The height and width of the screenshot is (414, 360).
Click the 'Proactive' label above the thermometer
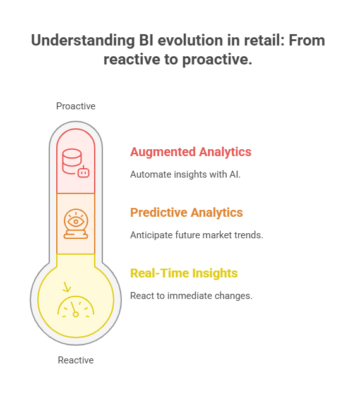[x=76, y=106]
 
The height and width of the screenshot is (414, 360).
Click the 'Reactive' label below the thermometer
[x=76, y=360]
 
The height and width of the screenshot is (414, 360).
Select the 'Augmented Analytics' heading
[x=191, y=152]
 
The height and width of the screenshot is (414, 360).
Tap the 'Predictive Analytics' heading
[x=186, y=212]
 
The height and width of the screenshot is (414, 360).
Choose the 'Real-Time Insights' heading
[x=184, y=274]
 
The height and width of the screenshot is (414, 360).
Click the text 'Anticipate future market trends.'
[x=196, y=235]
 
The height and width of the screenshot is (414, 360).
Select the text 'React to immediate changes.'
[x=191, y=296]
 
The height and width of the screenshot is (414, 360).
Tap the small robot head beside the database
[x=83, y=171]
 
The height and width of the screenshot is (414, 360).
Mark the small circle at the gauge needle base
[x=76, y=314]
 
